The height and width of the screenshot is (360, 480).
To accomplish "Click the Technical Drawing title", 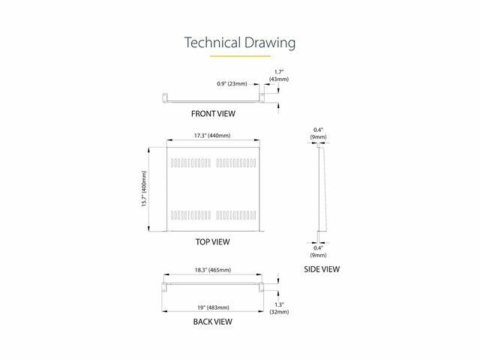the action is coord(240,43).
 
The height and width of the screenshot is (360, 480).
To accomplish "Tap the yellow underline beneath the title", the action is coord(240,56).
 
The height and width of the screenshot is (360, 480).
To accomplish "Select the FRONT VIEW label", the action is coord(213,113).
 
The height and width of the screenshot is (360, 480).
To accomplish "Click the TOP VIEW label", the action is coord(212,241).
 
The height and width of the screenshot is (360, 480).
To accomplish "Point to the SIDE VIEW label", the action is coord(322,269).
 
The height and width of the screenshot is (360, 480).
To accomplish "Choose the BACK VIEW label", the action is coord(212,322).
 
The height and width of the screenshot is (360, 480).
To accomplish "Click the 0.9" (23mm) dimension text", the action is coord(232,83).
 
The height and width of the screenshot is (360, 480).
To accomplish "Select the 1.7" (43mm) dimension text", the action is coord(279,76).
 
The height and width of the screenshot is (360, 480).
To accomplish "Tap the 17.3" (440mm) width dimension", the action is coord(212,135).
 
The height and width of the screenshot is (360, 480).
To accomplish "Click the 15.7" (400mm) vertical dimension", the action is coord(144,188).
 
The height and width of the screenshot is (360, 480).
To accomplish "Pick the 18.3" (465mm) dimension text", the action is coord(213,270).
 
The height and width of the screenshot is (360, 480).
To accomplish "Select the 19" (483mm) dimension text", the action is coord(213,307).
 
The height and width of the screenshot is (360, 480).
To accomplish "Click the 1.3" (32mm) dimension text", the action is coord(279,308).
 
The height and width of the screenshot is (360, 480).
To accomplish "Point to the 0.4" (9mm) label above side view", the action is coord(318,133).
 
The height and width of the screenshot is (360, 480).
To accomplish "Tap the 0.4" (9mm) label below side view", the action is coord(318,252).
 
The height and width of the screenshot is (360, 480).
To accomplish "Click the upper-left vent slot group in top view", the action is coord(190,163).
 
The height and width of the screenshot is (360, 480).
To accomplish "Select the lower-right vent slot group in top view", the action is coord(236,215).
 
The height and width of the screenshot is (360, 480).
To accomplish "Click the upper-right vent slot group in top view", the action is coord(236,163).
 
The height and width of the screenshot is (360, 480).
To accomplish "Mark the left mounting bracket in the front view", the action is coord(165,97).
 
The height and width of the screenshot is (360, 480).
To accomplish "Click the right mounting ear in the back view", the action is coord(261,287).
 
